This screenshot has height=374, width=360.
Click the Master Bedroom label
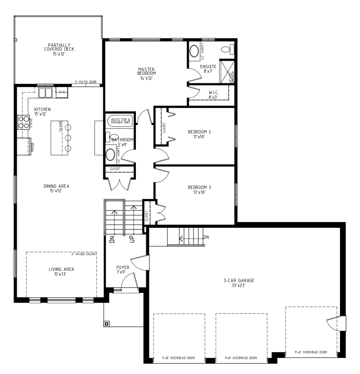click(146, 73)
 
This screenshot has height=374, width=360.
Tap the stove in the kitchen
click(23, 122)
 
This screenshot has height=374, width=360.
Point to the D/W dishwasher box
click(61, 92)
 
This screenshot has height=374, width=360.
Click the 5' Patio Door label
click(86, 82)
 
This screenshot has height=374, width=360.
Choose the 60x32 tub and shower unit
click(120, 120)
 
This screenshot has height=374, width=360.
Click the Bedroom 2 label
click(199, 134)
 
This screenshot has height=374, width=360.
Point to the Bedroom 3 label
click(199, 190)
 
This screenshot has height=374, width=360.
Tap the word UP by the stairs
click(132, 240)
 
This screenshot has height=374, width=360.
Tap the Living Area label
click(61, 271)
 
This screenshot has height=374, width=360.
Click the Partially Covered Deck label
click(59, 49)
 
